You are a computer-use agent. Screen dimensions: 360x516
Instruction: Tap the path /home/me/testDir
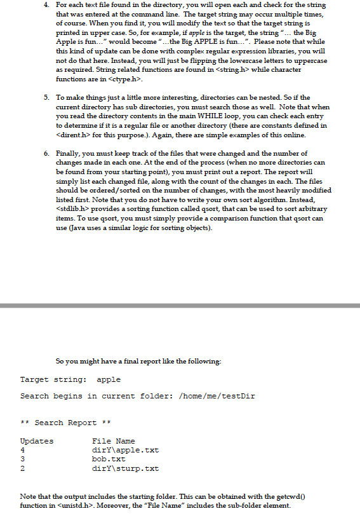pos(218,396)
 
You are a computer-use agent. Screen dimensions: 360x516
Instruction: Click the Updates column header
pos(37,440)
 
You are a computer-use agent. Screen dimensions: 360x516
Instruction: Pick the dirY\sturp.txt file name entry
pos(126,468)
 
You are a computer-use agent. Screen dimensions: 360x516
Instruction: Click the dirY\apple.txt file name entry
pos(126,449)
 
